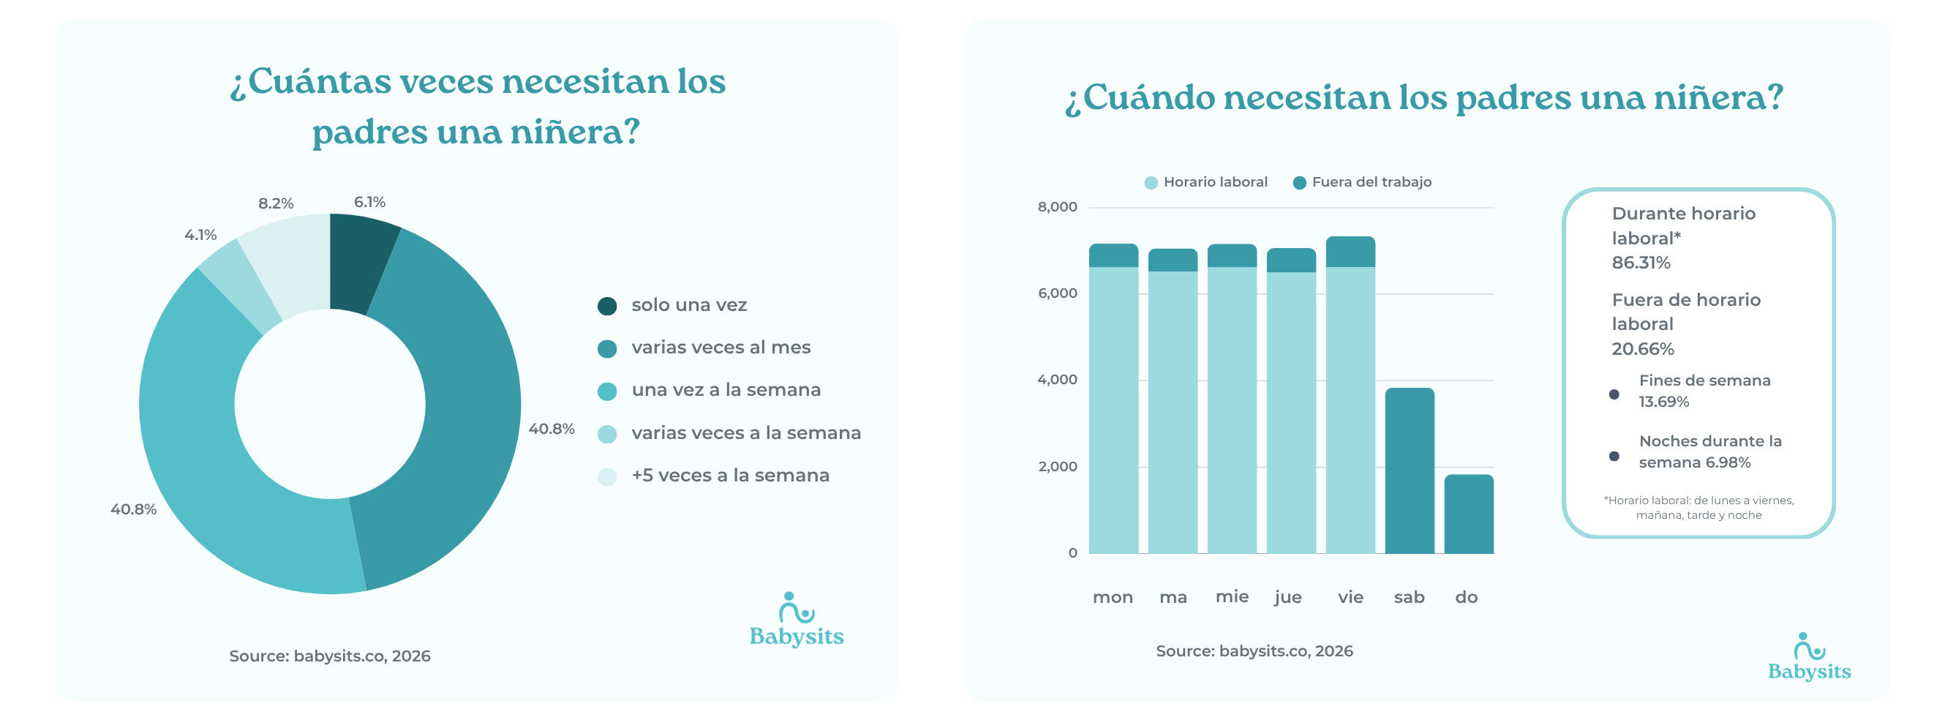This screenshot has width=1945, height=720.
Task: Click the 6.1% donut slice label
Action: tap(369, 203)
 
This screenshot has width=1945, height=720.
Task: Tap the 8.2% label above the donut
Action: tap(276, 204)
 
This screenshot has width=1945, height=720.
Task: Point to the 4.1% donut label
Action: tap(200, 236)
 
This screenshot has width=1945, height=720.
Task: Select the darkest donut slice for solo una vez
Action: tap(360, 260)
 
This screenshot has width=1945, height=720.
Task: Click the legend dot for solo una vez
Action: tap(607, 306)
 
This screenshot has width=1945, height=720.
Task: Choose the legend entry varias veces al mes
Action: tap(721, 348)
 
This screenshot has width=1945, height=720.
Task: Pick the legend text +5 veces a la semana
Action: tap(730, 476)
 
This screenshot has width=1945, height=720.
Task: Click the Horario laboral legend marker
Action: tap(1151, 183)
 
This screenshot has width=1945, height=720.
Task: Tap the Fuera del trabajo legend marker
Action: tap(1299, 183)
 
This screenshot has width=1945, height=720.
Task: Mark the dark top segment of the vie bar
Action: tap(1350, 252)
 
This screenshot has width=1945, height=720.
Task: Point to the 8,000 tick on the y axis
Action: tap(1057, 207)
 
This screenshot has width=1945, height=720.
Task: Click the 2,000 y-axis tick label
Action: tap(1057, 467)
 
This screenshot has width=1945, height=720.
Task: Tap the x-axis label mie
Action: tap(1232, 597)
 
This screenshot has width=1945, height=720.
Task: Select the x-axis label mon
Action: tap(1113, 598)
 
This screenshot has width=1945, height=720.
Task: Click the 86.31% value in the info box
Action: tap(1641, 263)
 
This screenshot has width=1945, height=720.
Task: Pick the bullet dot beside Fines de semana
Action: tap(1614, 394)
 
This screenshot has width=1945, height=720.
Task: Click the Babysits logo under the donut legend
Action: tap(797, 621)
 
